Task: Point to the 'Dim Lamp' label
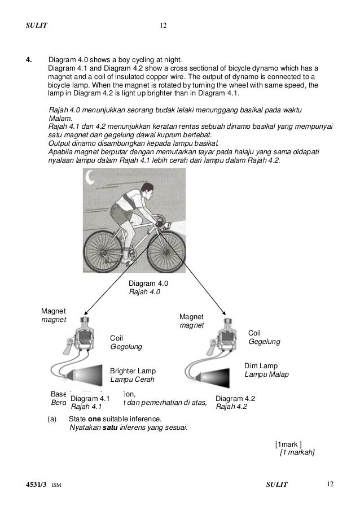click(261, 365)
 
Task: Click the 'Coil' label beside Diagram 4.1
click(117, 338)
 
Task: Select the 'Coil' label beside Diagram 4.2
click(255, 333)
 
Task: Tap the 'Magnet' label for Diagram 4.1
click(54, 311)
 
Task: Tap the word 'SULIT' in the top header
click(37, 25)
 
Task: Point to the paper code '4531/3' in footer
click(36, 484)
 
